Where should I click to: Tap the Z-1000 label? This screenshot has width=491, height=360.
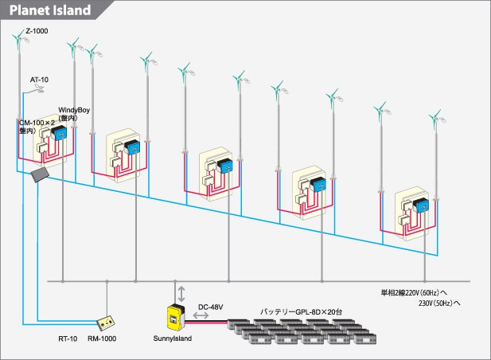pyautogui.click(x=37, y=31)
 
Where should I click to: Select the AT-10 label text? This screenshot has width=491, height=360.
pyautogui.click(x=40, y=80)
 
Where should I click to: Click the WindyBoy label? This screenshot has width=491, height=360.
pyautogui.click(x=73, y=112)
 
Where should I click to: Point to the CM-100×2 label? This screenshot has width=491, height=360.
pyautogui.click(x=36, y=123)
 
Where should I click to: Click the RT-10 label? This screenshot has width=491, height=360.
pyautogui.click(x=68, y=338)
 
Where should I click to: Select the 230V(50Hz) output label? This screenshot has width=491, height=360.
pyautogui.click(x=440, y=303)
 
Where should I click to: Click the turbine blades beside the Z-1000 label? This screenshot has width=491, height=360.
pyautogui.click(x=18, y=37)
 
